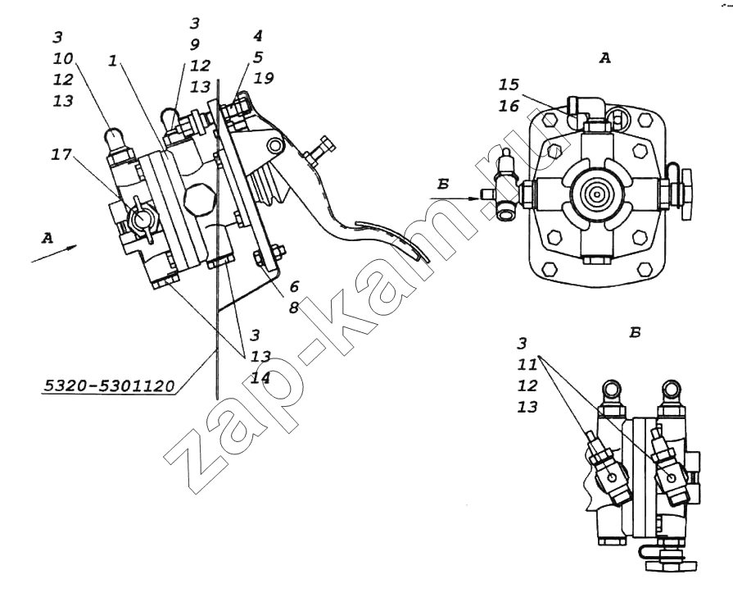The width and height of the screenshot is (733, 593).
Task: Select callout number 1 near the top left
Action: [112, 61]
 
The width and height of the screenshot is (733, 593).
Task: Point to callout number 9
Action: [194, 44]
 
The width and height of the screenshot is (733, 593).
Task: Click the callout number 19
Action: [263, 79]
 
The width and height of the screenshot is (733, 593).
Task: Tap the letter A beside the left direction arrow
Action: [47, 238]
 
